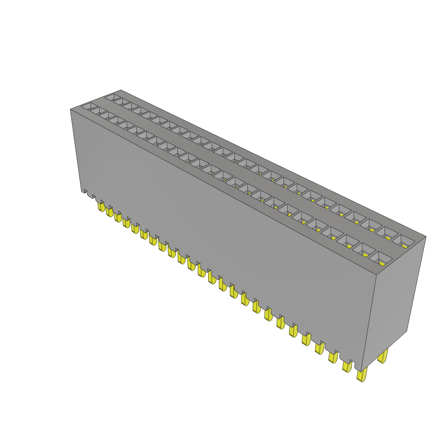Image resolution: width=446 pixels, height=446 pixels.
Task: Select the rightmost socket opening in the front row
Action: tap(380, 258)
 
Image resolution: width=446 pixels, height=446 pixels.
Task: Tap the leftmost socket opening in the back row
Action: tap(113, 97)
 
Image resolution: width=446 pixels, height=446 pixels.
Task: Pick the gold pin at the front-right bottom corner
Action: tap(361, 375)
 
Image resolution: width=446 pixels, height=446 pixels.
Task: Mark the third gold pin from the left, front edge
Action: tap(118, 216)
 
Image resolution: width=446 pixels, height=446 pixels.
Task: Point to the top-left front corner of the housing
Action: tap(71, 109)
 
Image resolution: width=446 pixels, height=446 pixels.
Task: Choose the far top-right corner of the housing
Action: tap(426, 237)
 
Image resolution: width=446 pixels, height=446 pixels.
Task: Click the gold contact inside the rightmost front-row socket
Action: tap(382, 263)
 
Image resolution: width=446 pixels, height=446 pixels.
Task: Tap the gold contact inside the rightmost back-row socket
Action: tap(405, 246)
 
